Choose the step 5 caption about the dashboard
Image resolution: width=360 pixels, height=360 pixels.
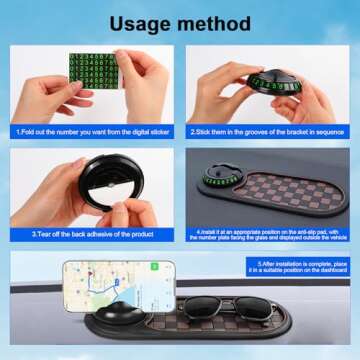pos(300,267)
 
